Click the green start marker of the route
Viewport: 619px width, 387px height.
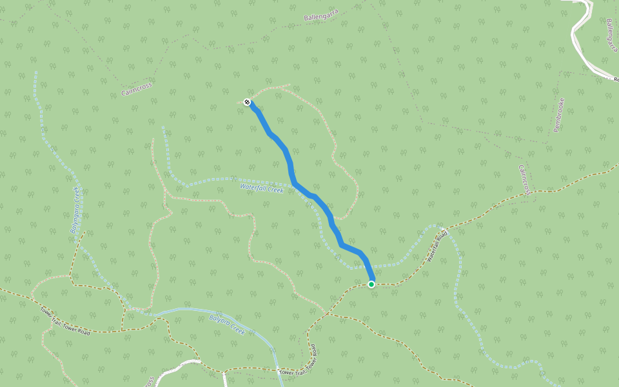371,284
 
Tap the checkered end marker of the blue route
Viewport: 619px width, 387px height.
247,102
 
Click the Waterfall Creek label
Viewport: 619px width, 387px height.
262,188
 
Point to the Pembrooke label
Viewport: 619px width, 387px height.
559,115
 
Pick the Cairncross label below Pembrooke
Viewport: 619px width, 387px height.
525,179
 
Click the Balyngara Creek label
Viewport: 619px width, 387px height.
75,210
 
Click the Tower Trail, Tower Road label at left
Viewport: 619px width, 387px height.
66,321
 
